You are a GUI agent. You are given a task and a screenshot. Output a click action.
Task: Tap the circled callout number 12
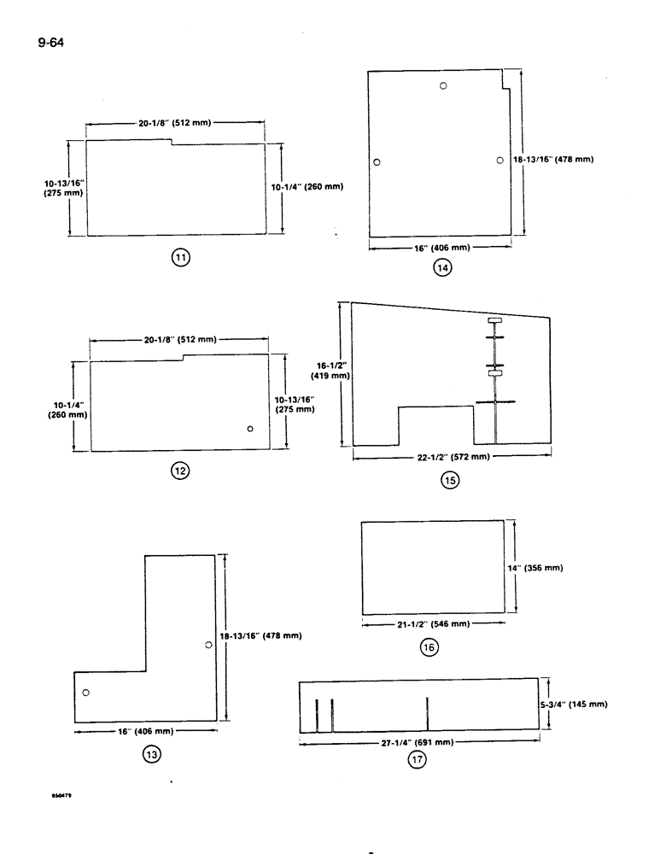click(x=180, y=470)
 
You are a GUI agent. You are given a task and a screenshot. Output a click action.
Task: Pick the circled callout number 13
click(x=152, y=754)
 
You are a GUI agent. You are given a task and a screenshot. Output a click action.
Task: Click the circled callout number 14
click(x=441, y=267)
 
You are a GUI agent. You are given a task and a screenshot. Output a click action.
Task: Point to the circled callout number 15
click(x=449, y=480)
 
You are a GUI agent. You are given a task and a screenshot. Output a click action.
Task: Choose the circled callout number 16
click(x=429, y=648)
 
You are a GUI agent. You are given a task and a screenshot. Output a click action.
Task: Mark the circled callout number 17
click(x=417, y=763)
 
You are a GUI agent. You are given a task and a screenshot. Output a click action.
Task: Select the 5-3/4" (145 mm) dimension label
click(x=580, y=705)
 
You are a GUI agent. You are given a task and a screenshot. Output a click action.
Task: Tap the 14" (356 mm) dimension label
click(x=544, y=567)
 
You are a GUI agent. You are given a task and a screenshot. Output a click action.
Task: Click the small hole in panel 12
click(x=250, y=429)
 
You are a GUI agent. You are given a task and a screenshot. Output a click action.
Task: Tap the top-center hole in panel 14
click(x=443, y=85)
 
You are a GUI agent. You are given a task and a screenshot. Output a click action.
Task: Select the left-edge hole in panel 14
click(x=377, y=162)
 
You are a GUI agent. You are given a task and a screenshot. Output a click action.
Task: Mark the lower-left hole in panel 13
click(x=85, y=692)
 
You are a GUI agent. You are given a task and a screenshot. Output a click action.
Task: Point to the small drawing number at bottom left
click(x=63, y=793)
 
